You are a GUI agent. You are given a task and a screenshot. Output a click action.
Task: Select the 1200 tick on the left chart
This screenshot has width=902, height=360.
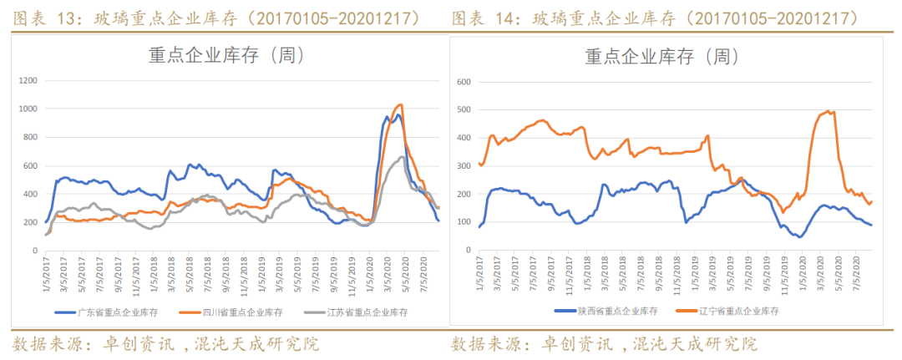tap(29, 81)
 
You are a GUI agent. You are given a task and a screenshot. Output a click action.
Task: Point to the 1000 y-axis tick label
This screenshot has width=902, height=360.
tap(29, 109)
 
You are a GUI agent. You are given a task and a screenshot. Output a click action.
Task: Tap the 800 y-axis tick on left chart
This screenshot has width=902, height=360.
tap(32, 138)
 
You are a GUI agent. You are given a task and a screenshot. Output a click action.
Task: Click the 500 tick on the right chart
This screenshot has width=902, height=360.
tap(465, 110)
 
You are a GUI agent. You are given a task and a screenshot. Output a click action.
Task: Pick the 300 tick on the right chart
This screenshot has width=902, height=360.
tap(465, 167)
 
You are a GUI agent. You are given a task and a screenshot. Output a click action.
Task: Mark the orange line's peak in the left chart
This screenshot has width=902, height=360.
tap(401, 105)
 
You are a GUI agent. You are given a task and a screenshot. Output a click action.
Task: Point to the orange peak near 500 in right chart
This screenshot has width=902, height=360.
tap(827, 111)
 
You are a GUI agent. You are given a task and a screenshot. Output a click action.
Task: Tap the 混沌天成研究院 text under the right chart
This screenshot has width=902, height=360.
tap(695, 344)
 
